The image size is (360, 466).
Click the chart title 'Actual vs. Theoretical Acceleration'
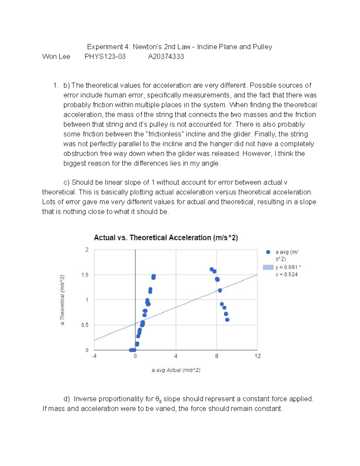click(x=166, y=238)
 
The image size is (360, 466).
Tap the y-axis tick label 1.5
click(x=85, y=275)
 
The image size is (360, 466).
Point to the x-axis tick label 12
click(x=258, y=356)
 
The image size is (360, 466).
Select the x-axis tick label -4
click(x=94, y=356)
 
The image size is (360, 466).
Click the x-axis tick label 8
click(x=217, y=356)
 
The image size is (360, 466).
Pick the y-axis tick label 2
click(x=87, y=250)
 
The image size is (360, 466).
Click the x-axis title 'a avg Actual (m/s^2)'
click(x=176, y=370)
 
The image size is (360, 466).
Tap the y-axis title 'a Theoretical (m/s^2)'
click(x=62, y=300)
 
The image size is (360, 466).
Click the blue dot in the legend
click(x=268, y=252)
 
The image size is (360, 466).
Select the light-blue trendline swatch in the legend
click(x=268, y=267)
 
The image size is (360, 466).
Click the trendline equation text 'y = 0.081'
click(x=286, y=267)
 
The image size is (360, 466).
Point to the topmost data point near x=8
click(x=211, y=269)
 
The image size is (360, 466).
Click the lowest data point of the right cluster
click(x=227, y=320)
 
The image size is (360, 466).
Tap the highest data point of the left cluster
click(x=154, y=276)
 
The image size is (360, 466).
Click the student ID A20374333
click(x=166, y=57)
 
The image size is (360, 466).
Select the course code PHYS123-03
click(x=105, y=57)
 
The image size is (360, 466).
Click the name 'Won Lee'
click(x=56, y=57)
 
